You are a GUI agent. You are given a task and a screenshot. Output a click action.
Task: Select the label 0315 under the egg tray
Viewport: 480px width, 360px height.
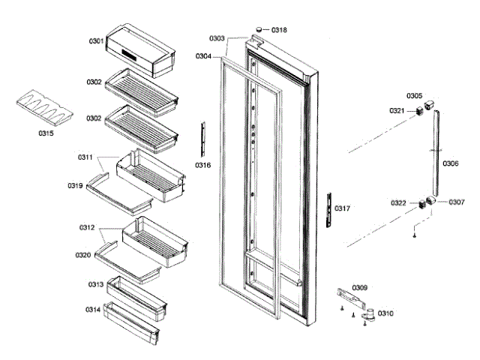tap(46, 134)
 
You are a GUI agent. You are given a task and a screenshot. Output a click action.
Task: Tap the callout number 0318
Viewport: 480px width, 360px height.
tap(279, 30)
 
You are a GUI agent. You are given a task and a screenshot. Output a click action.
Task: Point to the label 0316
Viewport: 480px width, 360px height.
tap(203, 164)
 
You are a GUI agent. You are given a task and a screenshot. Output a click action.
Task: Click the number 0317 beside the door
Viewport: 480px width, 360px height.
tap(342, 208)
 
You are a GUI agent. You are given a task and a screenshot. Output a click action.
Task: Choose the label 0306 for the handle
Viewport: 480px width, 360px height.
tap(450, 163)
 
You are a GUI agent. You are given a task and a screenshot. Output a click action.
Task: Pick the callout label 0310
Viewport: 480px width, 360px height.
tap(385, 313)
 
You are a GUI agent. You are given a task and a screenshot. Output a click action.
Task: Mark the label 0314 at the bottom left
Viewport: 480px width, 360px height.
tap(94, 309)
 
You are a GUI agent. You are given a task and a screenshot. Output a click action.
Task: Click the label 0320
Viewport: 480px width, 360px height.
tap(82, 255)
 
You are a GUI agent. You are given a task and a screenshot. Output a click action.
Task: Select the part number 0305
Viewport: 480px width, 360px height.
tap(415, 96)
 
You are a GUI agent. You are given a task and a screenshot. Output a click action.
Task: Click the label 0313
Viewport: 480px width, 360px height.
tap(94, 285)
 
